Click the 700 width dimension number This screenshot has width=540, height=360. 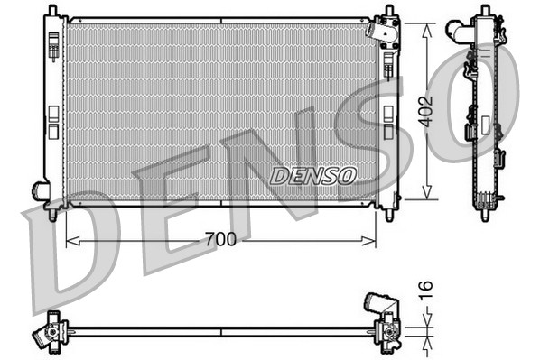click(x=221, y=239)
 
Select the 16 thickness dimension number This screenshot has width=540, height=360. click(x=427, y=291)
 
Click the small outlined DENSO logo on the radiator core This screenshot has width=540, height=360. click(x=313, y=174)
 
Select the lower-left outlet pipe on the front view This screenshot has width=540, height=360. click(x=41, y=190)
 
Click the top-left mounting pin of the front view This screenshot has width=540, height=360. click(x=53, y=12)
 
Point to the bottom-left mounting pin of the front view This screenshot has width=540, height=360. click(x=53, y=215)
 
